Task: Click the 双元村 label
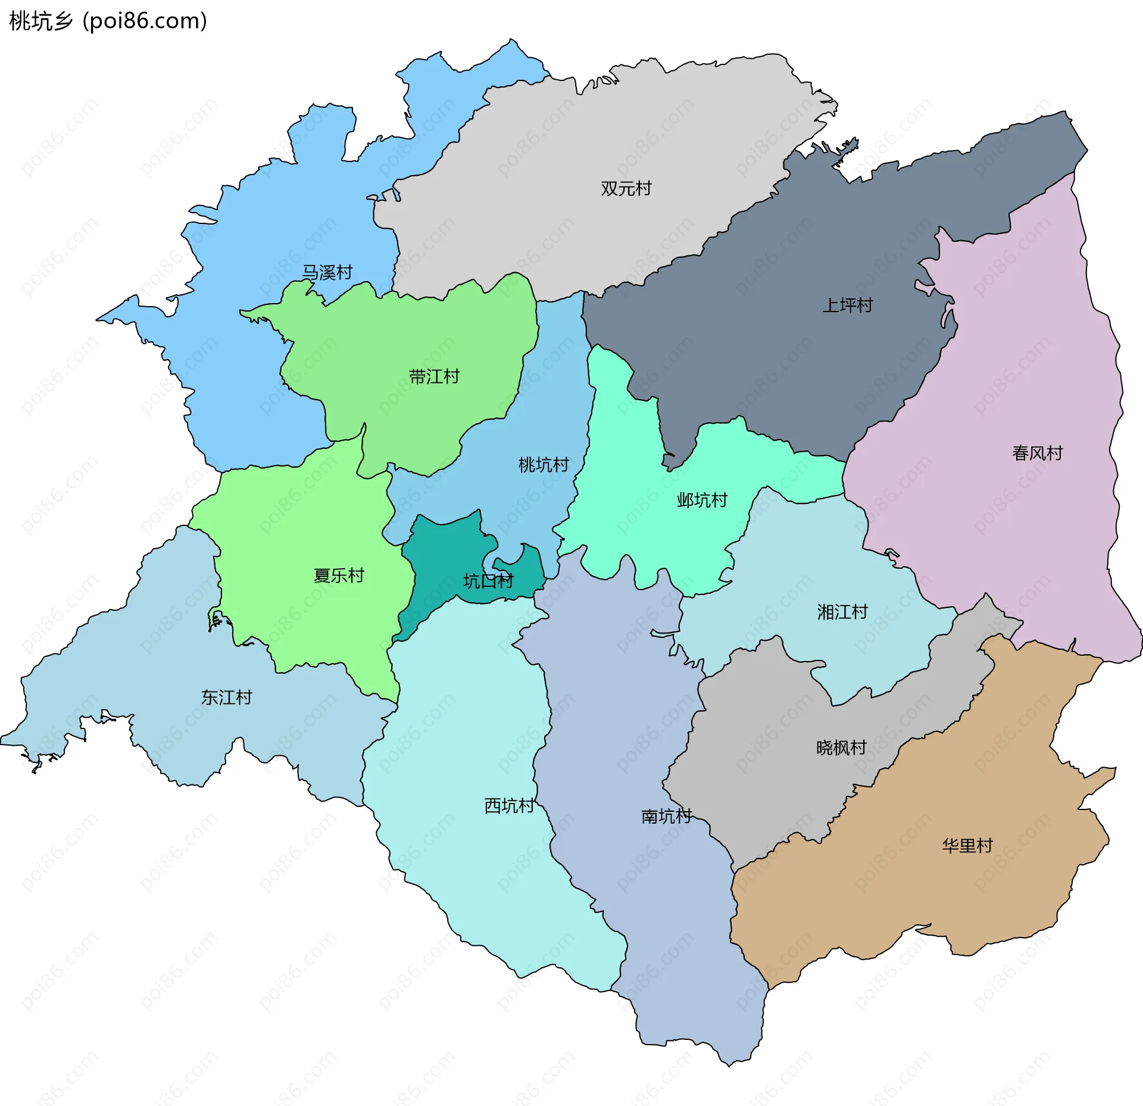tap(626, 189)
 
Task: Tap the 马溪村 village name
tap(327, 273)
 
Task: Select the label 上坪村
tap(847, 306)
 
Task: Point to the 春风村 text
tap(1037, 453)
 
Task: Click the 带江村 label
tap(434, 377)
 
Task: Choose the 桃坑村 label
tap(544, 465)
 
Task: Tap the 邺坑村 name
tap(702, 500)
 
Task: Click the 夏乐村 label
tap(339, 576)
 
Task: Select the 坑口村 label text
tap(488, 581)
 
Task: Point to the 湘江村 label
tap(842, 612)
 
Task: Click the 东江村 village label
tap(226, 697)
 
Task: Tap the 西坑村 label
tap(510, 806)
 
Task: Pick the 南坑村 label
tap(666, 816)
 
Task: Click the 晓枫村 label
tap(841, 747)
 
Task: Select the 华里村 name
tap(967, 846)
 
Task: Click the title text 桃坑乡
tap(41, 21)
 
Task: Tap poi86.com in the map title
tap(145, 21)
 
